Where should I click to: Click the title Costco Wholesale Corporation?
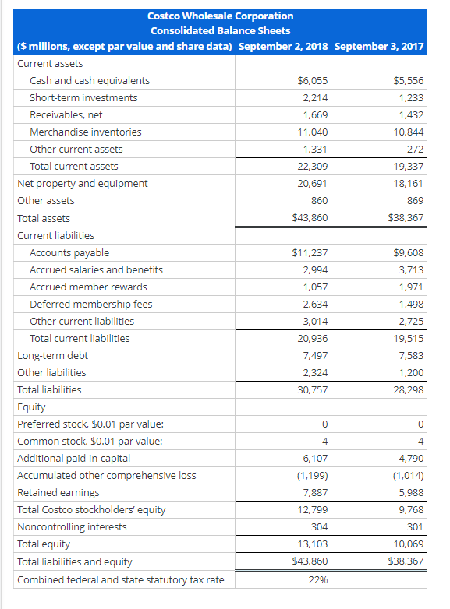point(221,16)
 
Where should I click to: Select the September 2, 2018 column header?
point(283,46)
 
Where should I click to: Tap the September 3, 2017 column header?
point(379,46)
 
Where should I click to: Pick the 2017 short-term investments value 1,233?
point(411,98)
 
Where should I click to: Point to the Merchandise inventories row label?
point(86,132)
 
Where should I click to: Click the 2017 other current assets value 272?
point(416,150)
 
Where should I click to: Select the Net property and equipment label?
point(83,184)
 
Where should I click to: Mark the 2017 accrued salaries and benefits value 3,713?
point(411,270)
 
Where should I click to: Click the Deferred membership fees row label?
point(91,304)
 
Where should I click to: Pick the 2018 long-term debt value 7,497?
point(316,356)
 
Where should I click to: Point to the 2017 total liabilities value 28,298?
point(409,390)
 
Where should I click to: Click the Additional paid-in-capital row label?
point(74,459)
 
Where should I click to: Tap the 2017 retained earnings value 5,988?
point(411,493)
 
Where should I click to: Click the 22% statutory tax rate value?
point(318,579)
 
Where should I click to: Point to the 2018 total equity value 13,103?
point(314,544)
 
